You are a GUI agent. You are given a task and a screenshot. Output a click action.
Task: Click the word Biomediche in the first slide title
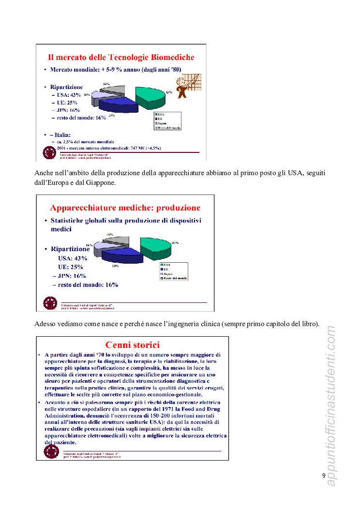(x=167, y=57)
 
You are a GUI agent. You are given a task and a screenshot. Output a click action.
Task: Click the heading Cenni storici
(x=132, y=345)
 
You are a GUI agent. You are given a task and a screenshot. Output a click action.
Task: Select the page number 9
(x=324, y=475)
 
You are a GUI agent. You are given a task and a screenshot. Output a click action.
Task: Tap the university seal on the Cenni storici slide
(x=50, y=451)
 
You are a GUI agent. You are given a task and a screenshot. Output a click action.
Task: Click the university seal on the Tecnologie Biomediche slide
(x=49, y=152)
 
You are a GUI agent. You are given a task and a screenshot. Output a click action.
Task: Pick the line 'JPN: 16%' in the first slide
(x=68, y=110)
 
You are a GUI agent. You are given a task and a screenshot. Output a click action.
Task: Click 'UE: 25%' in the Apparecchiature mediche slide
(x=71, y=267)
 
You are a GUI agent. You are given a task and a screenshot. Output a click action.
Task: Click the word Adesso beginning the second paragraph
(x=46, y=323)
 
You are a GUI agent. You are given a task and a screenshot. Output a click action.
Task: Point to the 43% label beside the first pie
(x=169, y=92)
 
